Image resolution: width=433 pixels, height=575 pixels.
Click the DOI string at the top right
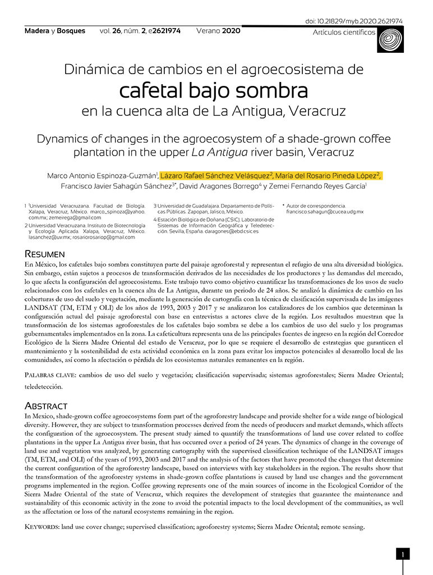[x=354, y=22]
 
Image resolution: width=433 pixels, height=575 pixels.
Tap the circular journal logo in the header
[x=391, y=39]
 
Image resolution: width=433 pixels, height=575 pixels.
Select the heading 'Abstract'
[x=46, y=405]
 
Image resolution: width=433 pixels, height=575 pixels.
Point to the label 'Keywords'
[x=44, y=527]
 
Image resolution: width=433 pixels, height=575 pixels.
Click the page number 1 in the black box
[x=403, y=555]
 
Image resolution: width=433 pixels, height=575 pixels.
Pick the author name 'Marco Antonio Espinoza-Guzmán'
[x=102, y=175]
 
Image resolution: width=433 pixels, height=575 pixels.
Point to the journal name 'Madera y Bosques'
[x=55, y=31]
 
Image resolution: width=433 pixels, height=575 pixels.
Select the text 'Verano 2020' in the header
[x=218, y=31]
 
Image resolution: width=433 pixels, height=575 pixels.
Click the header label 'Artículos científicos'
[x=344, y=33]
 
